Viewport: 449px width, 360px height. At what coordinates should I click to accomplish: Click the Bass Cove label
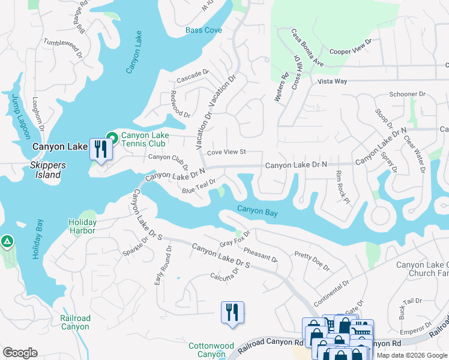tap(203, 30)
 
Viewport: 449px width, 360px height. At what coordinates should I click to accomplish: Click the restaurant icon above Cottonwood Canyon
tap(232, 312)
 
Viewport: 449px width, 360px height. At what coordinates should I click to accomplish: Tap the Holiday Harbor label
tap(82, 226)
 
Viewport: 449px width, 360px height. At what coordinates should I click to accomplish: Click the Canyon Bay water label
tap(257, 209)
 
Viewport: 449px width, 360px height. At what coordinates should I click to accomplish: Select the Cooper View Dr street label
tap(351, 47)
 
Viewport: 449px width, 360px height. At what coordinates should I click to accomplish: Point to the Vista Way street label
tap(333, 81)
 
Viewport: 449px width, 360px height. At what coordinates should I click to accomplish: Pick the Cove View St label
tap(227, 152)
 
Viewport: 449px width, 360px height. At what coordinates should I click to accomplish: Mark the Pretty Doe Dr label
tap(312, 262)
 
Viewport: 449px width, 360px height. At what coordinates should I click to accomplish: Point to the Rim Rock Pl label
tap(342, 187)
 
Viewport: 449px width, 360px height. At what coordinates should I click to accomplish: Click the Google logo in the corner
tap(20, 353)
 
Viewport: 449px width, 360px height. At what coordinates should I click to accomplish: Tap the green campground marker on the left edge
tap(7, 241)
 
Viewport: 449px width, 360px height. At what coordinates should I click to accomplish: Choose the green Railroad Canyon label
tap(75, 322)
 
